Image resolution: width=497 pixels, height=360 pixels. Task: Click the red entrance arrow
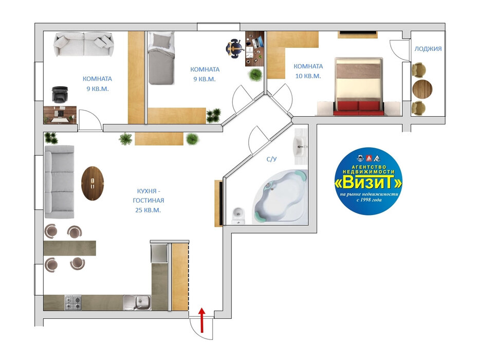point(201,320)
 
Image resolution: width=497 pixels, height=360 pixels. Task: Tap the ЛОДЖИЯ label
point(428,49)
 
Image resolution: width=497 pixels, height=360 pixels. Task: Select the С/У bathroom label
point(271,159)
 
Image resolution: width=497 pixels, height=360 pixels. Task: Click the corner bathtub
point(281,196)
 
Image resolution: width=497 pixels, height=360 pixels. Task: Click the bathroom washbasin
point(300,146)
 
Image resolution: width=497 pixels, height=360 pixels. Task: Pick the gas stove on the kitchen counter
point(73,302)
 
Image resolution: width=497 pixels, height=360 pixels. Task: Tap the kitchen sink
point(137,302)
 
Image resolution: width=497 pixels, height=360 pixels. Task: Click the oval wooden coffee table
point(93,183)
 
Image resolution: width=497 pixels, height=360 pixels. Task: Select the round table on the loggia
point(422,88)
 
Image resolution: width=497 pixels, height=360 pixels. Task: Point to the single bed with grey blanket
point(161,58)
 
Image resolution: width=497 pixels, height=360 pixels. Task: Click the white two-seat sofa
point(84,44)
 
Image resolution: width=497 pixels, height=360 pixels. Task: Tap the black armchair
point(60,95)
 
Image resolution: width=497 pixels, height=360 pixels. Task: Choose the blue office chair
point(234,48)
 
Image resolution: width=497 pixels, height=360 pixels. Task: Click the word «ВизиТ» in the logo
point(369,183)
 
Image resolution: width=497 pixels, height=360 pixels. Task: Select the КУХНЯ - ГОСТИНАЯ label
point(148,196)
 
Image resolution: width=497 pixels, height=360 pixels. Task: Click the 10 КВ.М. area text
point(308,76)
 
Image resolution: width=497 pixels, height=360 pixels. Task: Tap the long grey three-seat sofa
point(59,182)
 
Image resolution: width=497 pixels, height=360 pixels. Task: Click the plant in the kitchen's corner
point(51,138)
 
